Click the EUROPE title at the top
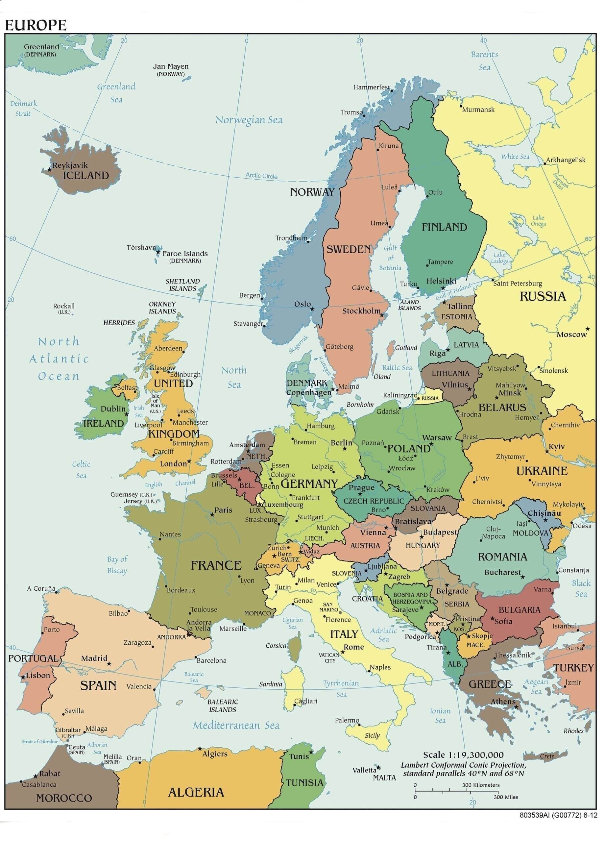pyautogui.click(x=36, y=25)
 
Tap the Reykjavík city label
pyautogui.click(x=70, y=165)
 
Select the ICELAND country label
pyautogui.click(x=86, y=175)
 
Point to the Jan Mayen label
pyautogui.click(x=171, y=66)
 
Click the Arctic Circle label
pyautogui.click(x=261, y=176)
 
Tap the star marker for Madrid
pyautogui.click(x=109, y=663)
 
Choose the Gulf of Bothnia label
pyautogui.click(x=390, y=258)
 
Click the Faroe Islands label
pyautogui.click(x=185, y=254)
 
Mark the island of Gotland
pyautogui.click(x=390, y=349)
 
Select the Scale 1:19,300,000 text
pyautogui.click(x=463, y=755)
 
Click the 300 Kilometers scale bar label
pyautogui.click(x=481, y=785)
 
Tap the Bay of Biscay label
pyautogui.click(x=117, y=565)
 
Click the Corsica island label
pyautogui.click(x=276, y=646)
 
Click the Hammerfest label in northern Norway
pyautogui.click(x=371, y=87)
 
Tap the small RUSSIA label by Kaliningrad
pyautogui.click(x=430, y=398)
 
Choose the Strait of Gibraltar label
pyautogui.click(x=40, y=741)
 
